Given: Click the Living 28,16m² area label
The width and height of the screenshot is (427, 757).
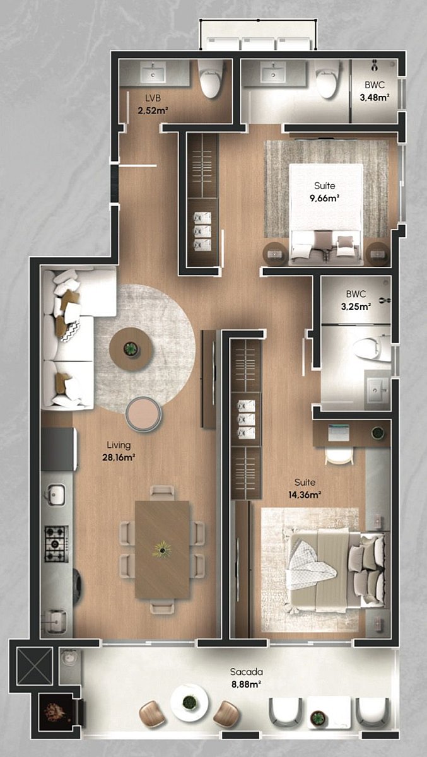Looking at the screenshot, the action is (x=119, y=451).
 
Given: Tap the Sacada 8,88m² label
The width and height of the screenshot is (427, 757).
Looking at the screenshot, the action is (x=246, y=678).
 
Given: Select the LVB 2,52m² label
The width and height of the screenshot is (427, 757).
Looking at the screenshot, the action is (x=153, y=104).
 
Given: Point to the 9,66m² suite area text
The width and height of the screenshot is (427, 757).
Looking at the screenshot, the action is (x=325, y=198).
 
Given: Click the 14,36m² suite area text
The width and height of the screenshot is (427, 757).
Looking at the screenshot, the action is (x=305, y=495).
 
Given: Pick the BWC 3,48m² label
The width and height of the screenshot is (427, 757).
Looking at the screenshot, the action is (x=374, y=91).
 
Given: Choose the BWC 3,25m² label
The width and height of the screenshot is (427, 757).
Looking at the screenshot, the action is (x=356, y=300).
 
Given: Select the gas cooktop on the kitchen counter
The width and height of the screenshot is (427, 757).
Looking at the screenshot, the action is (x=56, y=544).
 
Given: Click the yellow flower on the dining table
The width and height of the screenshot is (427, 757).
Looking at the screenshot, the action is (x=162, y=549).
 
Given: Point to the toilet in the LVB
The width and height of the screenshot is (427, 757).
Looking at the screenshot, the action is (x=211, y=78).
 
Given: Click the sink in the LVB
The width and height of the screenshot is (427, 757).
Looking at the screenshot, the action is (x=153, y=73).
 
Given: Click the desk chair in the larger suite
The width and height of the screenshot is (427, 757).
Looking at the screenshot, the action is (x=340, y=457).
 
